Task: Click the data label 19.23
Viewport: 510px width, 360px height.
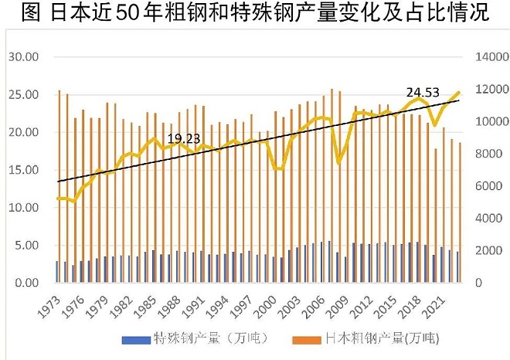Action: pyautogui.click(x=181, y=139)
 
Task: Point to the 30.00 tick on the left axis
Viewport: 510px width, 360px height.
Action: pyautogui.click(x=23, y=57)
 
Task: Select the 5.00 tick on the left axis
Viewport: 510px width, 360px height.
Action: pyautogui.click(x=25, y=246)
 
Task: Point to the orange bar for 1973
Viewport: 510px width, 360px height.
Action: pyautogui.click(x=59, y=186)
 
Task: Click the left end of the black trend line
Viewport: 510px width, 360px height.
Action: pyautogui.click(x=57, y=182)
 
